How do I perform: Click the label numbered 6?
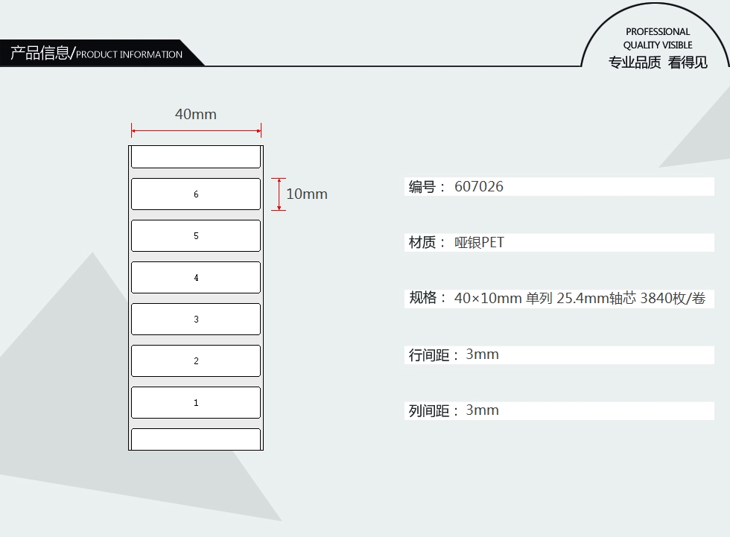pyautogui.click(x=196, y=194)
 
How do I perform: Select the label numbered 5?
pyautogui.click(x=196, y=235)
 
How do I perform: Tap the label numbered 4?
pyautogui.click(x=196, y=277)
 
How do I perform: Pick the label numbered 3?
pyautogui.click(x=196, y=319)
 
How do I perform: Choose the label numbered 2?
pyautogui.click(x=196, y=360)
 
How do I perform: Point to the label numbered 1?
pyautogui.click(x=196, y=402)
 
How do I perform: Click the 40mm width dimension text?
pyautogui.click(x=196, y=114)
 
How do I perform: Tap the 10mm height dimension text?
pyautogui.click(x=307, y=194)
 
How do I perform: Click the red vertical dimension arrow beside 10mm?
pyautogui.click(x=278, y=194)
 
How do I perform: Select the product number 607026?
pyautogui.click(x=479, y=187)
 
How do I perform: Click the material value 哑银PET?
pyautogui.click(x=479, y=243)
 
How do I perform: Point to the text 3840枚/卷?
pyautogui.click(x=673, y=299)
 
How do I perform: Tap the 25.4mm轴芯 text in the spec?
pyautogui.click(x=597, y=299)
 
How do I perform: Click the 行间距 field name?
pyautogui.click(x=429, y=355)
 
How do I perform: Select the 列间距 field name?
pyautogui.click(x=429, y=411)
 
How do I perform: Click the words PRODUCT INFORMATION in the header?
pyautogui.click(x=129, y=54)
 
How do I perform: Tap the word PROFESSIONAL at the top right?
pyautogui.click(x=658, y=32)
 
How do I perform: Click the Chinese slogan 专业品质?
pyautogui.click(x=635, y=63)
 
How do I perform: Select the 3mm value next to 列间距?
pyautogui.click(x=482, y=410)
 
